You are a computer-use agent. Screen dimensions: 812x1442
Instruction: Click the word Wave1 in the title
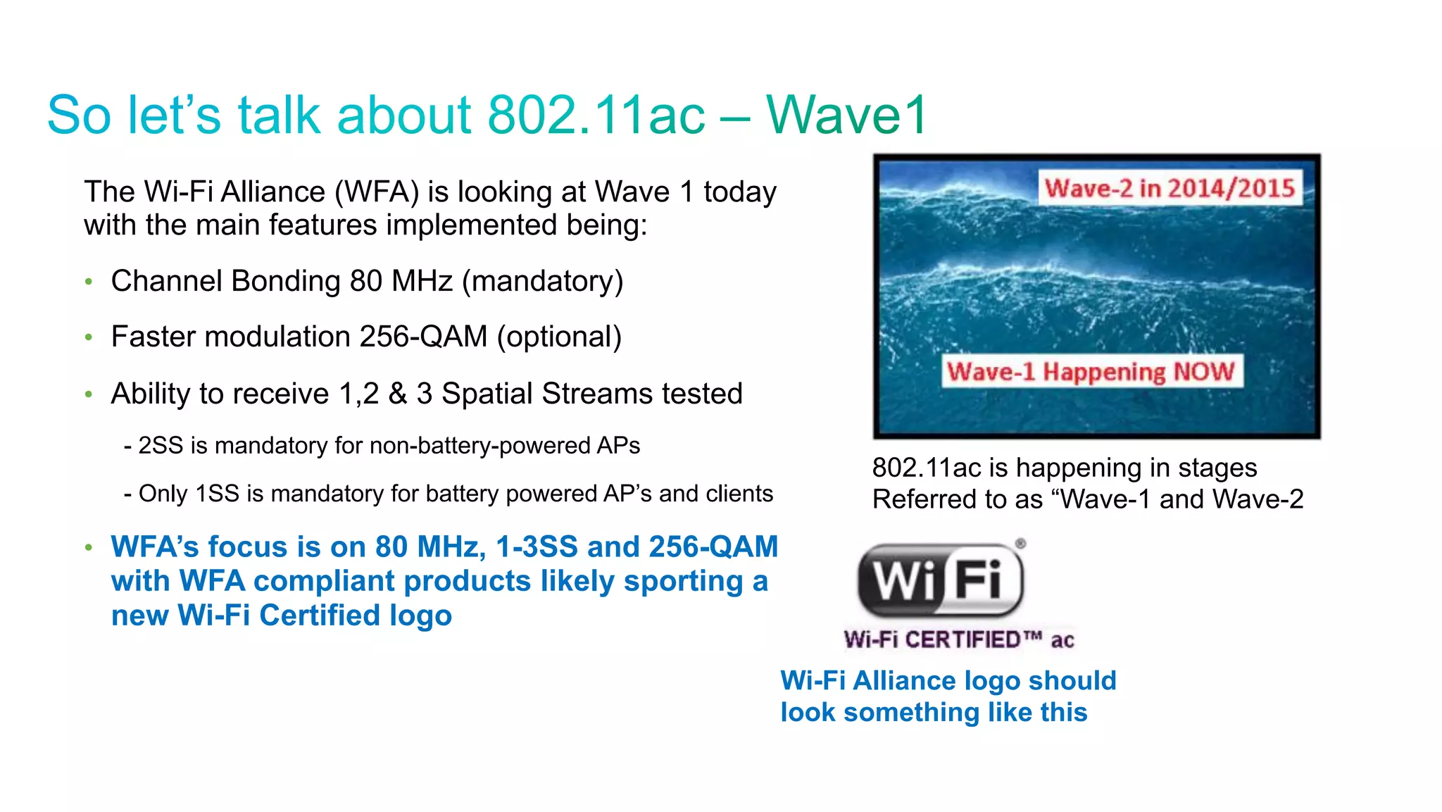click(847, 115)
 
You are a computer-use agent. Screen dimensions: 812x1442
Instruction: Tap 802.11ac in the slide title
click(596, 115)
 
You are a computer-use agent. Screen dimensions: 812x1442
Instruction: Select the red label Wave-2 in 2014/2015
click(1170, 188)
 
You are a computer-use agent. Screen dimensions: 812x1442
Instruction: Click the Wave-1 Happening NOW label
click(1091, 371)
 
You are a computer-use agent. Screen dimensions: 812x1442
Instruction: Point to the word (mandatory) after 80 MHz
click(543, 281)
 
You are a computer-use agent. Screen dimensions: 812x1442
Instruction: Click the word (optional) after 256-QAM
click(560, 337)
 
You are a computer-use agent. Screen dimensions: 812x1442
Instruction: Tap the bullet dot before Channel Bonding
click(89, 282)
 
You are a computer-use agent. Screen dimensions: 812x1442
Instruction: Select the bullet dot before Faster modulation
click(89, 338)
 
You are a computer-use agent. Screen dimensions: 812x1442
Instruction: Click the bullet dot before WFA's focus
click(89, 547)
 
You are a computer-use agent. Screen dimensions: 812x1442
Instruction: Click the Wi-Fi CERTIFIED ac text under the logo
click(959, 639)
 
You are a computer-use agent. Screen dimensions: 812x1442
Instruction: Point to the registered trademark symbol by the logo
click(1020, 544)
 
